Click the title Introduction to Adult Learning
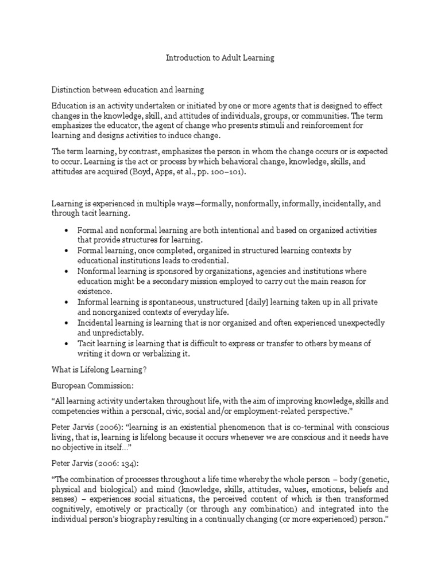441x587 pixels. click(220, 58)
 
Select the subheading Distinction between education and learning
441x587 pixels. click(128, 90)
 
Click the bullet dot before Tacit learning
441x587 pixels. click(67, 343)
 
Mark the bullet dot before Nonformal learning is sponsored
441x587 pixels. click(67, 271)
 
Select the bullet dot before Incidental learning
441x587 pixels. click(67, 323)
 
